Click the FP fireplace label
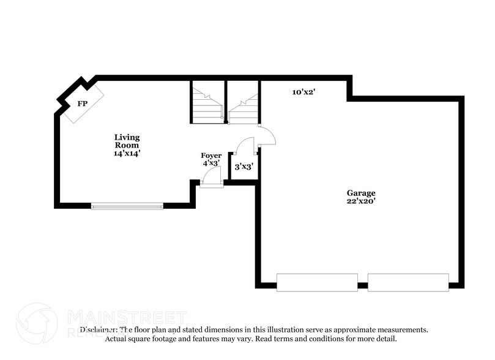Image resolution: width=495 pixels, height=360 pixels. pyautogui.click(x=81, y=103)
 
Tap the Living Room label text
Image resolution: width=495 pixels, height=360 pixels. pyautogui.click(x=127, y=141)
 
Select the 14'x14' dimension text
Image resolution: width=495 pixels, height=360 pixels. pyautogui.click(x=127, y=154)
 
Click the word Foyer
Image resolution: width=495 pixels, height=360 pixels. pyautogui.click(x=211, y=156)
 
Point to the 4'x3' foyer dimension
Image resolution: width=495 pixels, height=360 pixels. pyautogui.click(x=210, y=163)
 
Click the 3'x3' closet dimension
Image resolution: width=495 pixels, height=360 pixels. pyautogui.click(x=243, y=166)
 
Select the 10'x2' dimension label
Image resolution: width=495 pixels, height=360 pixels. pyautogui.click(x=303, y=92)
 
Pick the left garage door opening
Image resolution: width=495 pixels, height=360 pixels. pyautogui.click(x=316, y=282)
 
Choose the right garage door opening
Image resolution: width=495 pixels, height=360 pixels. pyautogui.click(x=408, y=282)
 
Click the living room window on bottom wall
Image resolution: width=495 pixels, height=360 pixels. pyautogui.click(x=127, y=206)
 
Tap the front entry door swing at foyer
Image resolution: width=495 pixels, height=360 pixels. pyautogui.click(x=212, y=176)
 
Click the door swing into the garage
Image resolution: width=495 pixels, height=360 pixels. pyautogui.click(x=266, y=137)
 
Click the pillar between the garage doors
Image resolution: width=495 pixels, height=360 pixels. pyautogui.click(x=362, y=285)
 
